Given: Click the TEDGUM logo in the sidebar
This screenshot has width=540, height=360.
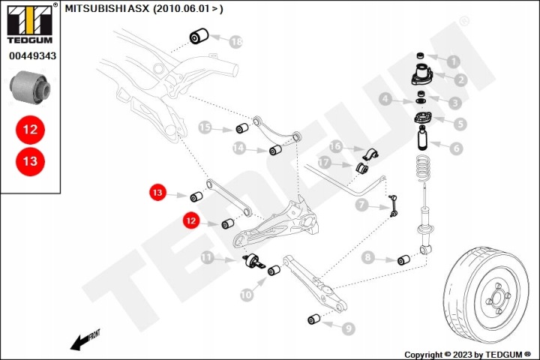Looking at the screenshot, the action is pyautogui.click(x=30, y=23).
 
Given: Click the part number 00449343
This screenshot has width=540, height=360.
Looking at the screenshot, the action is pyautogui.click(x=32, y=55).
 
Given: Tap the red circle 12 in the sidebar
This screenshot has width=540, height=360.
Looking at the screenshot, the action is pyautogui.click(x=30, y=130).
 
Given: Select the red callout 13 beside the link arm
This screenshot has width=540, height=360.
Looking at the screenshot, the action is pyautogui.click(x=157, y=192).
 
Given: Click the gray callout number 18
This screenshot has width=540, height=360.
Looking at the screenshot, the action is pyautogui.click(x=236, y=42).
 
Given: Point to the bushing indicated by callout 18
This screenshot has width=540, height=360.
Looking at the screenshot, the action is pyautogui.click(x=199, y=36).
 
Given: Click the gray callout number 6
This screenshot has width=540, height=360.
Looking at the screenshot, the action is pyautogui.click(x=456, y=148).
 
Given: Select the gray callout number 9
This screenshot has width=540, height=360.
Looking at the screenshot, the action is pyautogui.click(x=348, y=328).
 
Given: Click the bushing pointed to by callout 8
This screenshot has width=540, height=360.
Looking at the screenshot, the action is pyautogui.click(x=403, y=260).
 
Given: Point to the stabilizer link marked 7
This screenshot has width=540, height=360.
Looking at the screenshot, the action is pyautogui.click(x=393, y=206).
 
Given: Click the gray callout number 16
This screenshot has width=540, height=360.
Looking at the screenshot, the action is pyautogui.click(x=335, y=146).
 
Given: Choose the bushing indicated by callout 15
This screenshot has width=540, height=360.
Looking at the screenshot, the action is pyautogui.click(x=242, y=127).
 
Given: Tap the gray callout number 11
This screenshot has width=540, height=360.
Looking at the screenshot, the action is pyautogui.click(x=207, y=257).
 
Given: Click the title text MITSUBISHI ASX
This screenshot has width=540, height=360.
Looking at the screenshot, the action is pyautogui.click(x=107, y=8).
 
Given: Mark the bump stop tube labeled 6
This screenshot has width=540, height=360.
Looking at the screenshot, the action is pyautogui.click(x=423, y=138).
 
